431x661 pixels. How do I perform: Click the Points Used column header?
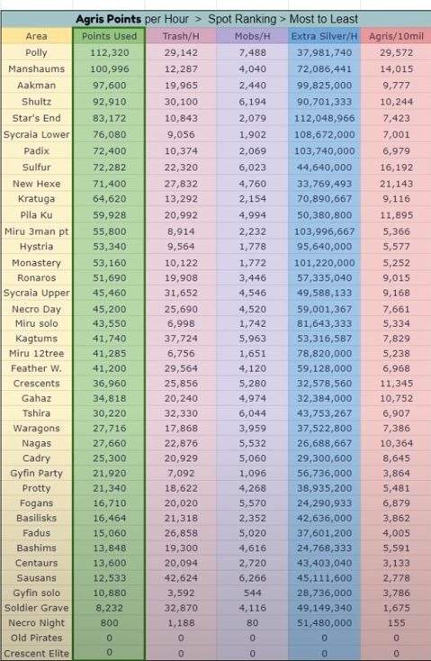pos(109,36)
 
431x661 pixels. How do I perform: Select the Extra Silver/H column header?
pos(324,36)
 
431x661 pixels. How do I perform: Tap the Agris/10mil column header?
pos(396,36)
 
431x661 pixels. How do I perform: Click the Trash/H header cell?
pos(181,36)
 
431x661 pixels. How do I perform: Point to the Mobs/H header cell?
pos(252,36)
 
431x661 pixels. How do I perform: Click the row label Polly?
pos(36,53)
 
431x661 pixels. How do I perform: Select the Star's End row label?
pos(36,118)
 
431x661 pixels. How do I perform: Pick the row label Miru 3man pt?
pos(36,231)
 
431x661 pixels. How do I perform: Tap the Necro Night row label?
pos(36,622)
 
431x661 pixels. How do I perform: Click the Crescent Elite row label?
pos(36,653)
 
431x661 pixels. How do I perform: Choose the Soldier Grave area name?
pos(36,608)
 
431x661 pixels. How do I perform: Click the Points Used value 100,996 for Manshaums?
pos(109,69)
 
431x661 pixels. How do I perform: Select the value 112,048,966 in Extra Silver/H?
pos(324,118)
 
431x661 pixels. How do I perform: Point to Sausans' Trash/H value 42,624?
pos(181,578)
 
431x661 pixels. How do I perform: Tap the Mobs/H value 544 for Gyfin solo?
pos(252,593)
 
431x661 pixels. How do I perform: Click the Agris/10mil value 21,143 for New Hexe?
pos(396,184)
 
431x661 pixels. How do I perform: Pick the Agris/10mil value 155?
pos(396,622)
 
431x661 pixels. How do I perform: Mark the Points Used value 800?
pos(109,622)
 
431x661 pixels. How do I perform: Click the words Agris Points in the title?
pos(108,19)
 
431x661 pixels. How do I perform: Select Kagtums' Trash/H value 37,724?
pos(181,339)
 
